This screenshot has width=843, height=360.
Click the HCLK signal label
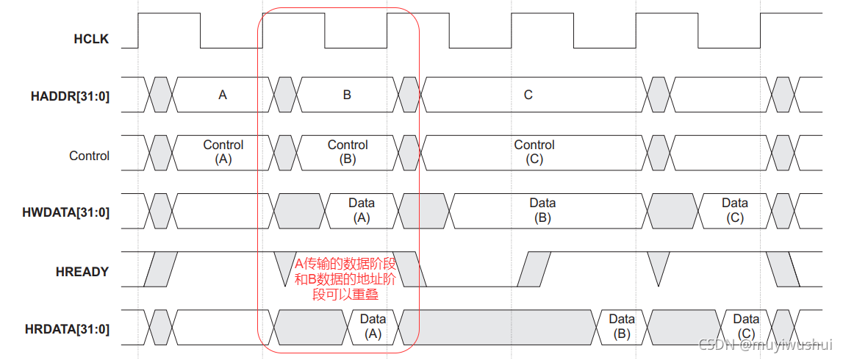coord(91,39)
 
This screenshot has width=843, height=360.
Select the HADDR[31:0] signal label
coord(71,96)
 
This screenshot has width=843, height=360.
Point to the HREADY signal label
coord(82,272)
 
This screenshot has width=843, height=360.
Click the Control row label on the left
coord(89,156)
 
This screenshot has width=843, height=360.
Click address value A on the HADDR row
coord(223,95)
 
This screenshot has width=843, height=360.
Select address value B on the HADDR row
coord(347,95)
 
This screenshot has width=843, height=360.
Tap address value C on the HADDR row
coord(528,95)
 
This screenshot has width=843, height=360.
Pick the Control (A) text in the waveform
coord(223,152)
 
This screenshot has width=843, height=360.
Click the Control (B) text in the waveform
coord(348,152)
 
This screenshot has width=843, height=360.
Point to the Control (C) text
coord(534,152)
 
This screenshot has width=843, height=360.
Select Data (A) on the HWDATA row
coord(361,210)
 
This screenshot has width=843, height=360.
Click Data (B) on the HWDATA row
coord(542,210)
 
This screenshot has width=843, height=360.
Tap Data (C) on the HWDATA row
coord(734,210)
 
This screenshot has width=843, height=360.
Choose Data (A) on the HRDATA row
coord(373,326)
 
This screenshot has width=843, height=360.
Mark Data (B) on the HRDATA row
coord(621,326)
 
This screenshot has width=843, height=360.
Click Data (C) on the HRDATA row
coord(745,326)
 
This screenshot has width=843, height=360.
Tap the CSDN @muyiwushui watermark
coord(765,345)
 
